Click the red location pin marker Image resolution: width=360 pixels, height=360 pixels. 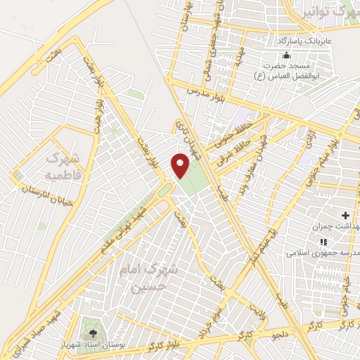coord(181,166)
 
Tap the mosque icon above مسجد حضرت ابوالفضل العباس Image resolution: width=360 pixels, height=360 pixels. coord(285,56)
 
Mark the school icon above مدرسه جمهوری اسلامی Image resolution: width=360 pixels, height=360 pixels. coord(343,241)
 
